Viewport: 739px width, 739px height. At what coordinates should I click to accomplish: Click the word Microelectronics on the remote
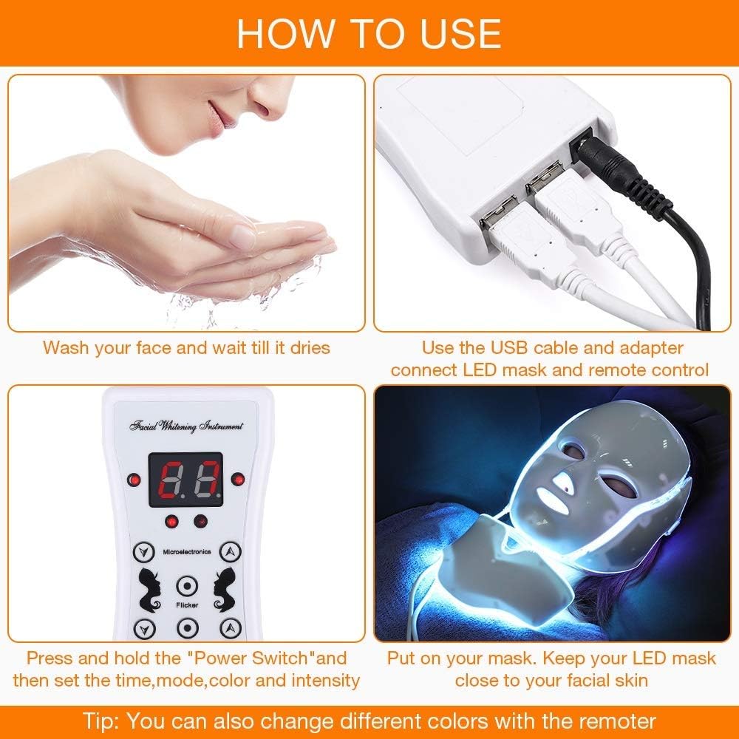pyautogui.click(x=186, y=551)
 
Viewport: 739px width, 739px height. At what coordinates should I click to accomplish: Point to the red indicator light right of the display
pyautogui.click(x=237, y=479)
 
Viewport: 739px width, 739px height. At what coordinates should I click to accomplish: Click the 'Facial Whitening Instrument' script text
pyautogui.click(x=186, y=426)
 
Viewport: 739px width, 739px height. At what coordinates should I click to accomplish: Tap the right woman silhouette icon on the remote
pyautogui.click(x=222, y=585)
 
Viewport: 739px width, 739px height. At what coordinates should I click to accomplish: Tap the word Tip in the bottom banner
pyautogui.click(x=103, y=721)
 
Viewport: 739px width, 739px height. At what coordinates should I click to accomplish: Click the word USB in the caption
pyautogui.click(x=507, y=347)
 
